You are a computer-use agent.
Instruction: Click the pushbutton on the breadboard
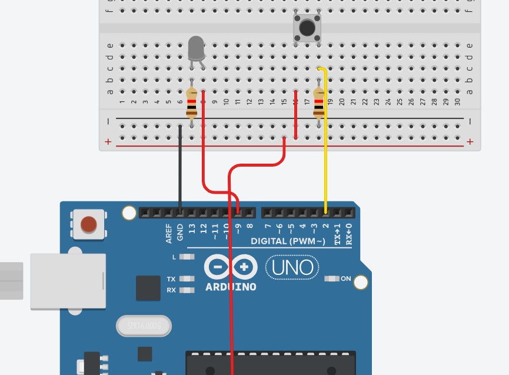pos(307,28)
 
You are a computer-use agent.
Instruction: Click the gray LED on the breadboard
pos(196,49)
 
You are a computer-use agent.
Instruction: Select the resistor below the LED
pos(191,104)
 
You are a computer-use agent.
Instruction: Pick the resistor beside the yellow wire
pos(319,104)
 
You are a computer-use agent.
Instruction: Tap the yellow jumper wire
pos(325,147)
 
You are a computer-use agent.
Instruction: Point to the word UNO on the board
pos(293,268)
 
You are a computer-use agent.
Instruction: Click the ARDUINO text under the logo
pos(231,287)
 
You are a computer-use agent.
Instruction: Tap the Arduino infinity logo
pos(231,268)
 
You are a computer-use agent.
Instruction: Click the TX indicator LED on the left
pos(187,278)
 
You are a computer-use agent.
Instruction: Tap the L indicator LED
pos(187,257)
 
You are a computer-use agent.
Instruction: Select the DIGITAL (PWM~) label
pos(288,241)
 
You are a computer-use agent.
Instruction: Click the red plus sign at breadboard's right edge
pos(470,142)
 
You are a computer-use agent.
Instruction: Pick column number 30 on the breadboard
pos(457,101)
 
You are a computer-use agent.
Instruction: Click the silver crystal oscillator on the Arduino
pos(144,326)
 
